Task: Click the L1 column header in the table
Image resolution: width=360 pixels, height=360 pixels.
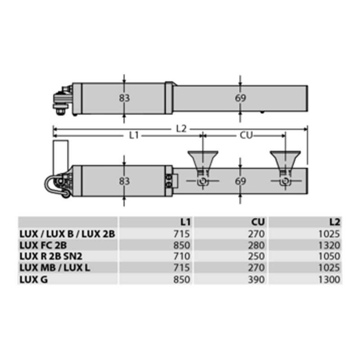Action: click(185, 222)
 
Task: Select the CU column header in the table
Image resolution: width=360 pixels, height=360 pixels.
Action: click(258, 222)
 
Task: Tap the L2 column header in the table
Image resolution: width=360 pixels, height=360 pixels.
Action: click(334, 222)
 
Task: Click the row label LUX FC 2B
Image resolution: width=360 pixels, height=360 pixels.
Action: click(43, 245)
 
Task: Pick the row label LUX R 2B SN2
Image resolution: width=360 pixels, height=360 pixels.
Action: click(51, 256)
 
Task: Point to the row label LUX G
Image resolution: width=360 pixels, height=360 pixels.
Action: click(34, 279)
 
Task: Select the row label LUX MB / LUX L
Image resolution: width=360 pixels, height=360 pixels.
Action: click(54, 268)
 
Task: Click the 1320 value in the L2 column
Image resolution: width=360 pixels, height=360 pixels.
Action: click(329, 245)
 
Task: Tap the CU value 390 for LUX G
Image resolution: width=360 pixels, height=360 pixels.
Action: click(256, 279)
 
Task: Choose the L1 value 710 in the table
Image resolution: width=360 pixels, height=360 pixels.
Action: click(182, 256)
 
